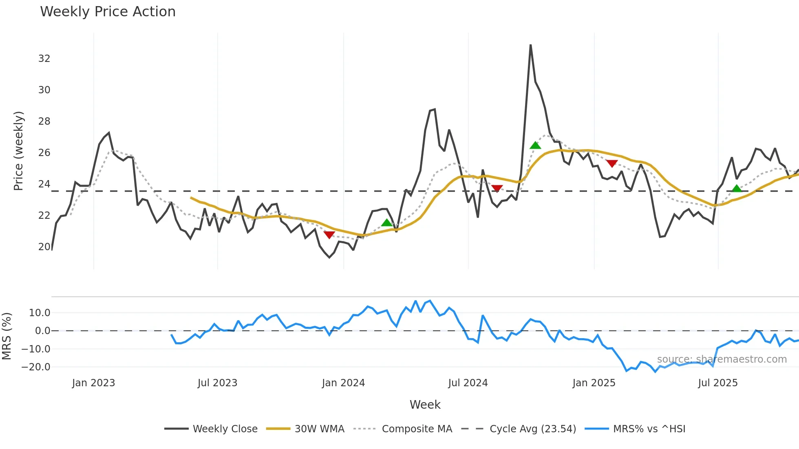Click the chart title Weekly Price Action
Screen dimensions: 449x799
tap(108, 12)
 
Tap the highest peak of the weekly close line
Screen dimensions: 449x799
tap(530, 45)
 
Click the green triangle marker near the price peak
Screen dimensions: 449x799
tap(535, 145)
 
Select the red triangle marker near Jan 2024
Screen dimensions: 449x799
tap(329, 235)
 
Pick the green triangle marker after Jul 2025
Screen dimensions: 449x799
tap(737, 188)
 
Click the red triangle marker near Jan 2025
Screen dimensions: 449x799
tap(611, 163)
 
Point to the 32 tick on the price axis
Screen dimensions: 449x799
tap(44, 59)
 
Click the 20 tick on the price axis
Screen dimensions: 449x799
tap(44, 247)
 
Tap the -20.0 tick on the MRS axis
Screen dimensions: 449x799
tap(36, 367)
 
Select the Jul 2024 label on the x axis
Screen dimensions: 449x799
tap(468, 383)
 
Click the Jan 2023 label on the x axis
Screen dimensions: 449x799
tap(93, 383)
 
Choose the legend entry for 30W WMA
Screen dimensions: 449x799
tap(319, 429)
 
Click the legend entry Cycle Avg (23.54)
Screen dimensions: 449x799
tap(532, 429)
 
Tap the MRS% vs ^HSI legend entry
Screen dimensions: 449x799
tap(649, 429)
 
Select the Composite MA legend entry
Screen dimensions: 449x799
tap(417, 429)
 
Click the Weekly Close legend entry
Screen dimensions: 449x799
tap(225, 429)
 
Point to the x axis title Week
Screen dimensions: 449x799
tap(425, 405)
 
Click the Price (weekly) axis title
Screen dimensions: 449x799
tap(18, 151)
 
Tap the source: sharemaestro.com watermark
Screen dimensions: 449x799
tap(722, 359)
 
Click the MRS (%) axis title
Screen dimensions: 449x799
tap(7, 336)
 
